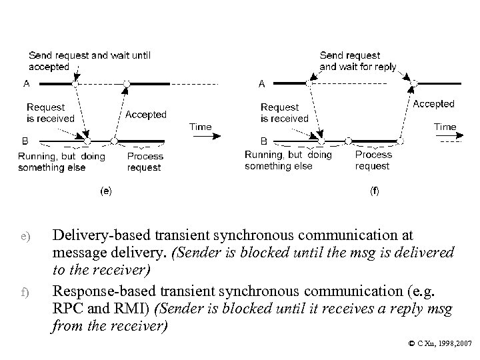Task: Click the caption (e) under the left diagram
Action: (105, 190)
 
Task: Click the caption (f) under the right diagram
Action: (375, 190)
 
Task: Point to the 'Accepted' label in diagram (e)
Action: (146, 115)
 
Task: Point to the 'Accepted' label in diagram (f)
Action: (433, 104)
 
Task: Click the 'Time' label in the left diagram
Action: (201, 126)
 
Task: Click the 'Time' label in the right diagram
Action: (445, 126)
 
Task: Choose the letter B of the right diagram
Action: (263, 141)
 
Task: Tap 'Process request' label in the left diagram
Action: (145, 162)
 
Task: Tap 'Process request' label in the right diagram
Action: (373, 160)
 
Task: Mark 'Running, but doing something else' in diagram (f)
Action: (288, 160)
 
